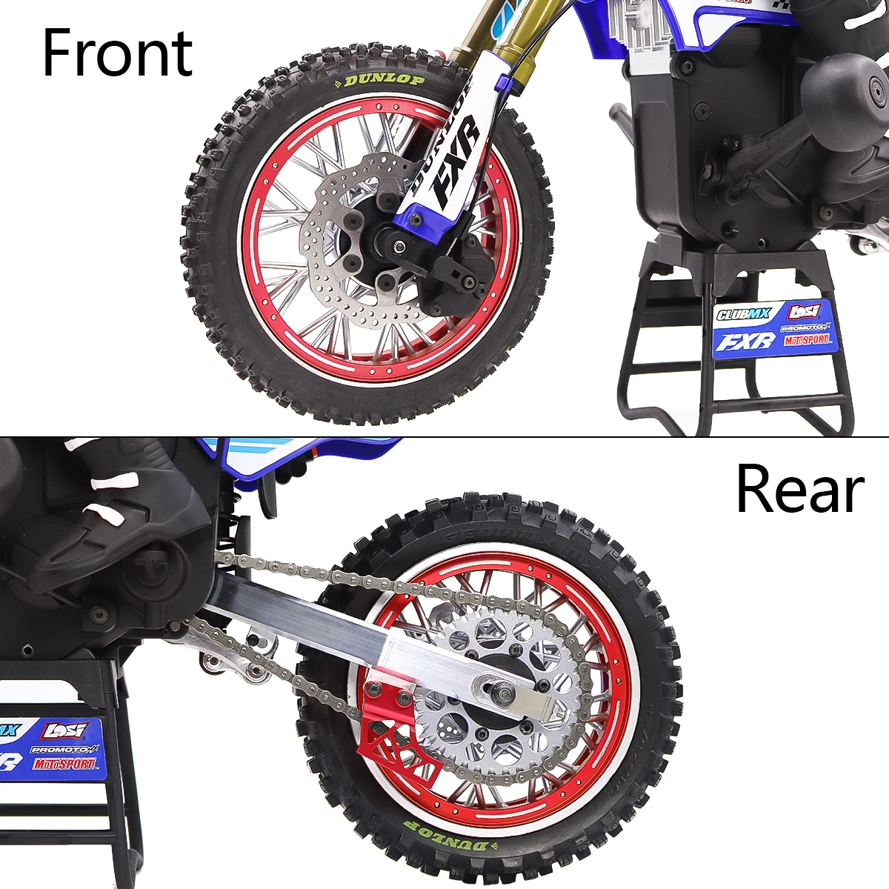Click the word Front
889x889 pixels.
[x=117, y=53]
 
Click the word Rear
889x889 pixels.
[x=800, y=489]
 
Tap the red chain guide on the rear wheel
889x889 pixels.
[x=389, y=722]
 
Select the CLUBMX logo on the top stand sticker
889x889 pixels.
[x=743, y=314]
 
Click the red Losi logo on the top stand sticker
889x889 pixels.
[x=805, y=311]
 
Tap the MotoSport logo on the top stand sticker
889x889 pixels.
[x=807, y=340]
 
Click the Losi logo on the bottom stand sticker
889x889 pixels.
[x=65, y=731]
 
